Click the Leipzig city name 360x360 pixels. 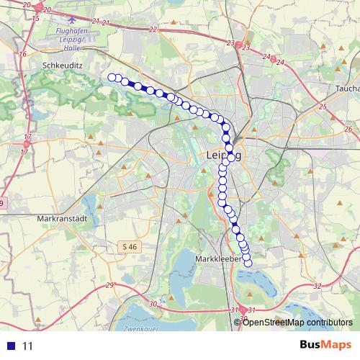pos(224,155)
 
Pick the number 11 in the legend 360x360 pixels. pos(28,346)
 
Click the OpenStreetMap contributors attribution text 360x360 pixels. pos(297,322)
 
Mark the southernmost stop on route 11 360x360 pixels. pos(248,264)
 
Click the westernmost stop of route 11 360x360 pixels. pos(112,77)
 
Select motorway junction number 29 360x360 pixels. pos(110,287)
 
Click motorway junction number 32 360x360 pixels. pos(317,286)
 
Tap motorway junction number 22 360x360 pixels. pos(152,30)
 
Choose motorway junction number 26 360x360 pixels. pos(346,129)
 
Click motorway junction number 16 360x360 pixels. pos(23,54)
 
